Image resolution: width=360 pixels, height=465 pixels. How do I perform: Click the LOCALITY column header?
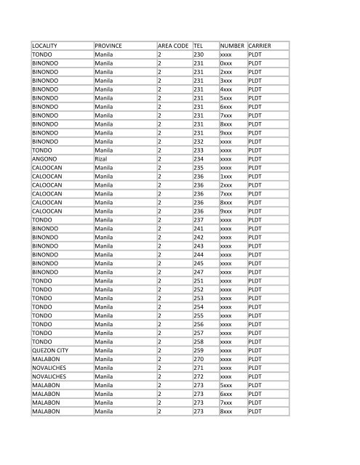click(45, 46)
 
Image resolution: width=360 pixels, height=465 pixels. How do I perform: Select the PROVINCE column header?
click(108, 46)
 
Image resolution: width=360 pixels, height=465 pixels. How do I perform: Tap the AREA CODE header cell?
click(172, 46)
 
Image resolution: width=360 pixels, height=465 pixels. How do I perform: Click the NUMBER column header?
click(232, 46)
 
